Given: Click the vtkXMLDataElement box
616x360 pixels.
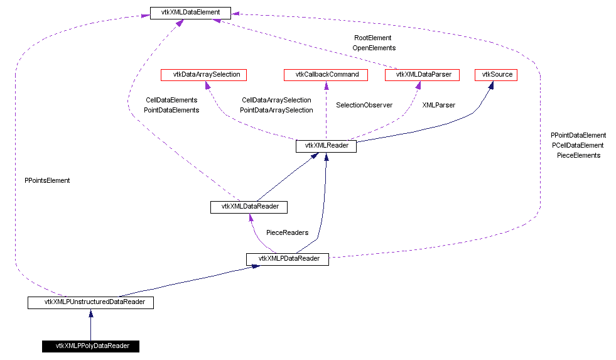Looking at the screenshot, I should pos(190,13).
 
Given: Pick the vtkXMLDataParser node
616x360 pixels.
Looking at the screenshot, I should pos(422,75).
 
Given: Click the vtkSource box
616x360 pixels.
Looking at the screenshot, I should pos(497,75).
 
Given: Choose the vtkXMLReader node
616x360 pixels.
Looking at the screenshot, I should pos(326,146).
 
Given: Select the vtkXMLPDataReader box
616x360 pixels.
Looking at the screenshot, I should pos(288,259).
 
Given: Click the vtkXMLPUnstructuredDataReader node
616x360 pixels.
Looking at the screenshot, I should pos(91,302).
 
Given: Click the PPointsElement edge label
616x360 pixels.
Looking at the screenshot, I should pos(47,180).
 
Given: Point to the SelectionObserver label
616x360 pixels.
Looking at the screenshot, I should pos(364,105).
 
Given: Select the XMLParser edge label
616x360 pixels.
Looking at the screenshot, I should pos(438,105).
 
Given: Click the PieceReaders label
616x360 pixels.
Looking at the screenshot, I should pos(287,232).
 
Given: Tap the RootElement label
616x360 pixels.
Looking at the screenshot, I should pos(372,38).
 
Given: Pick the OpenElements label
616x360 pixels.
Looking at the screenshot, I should pos(374,48).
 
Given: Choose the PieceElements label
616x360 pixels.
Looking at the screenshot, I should pos(578,155).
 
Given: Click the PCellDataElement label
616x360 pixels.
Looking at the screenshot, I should pos(578,145).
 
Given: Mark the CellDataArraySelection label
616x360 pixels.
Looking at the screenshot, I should pos(276,100).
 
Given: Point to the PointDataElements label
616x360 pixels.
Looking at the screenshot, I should pos(171,110).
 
